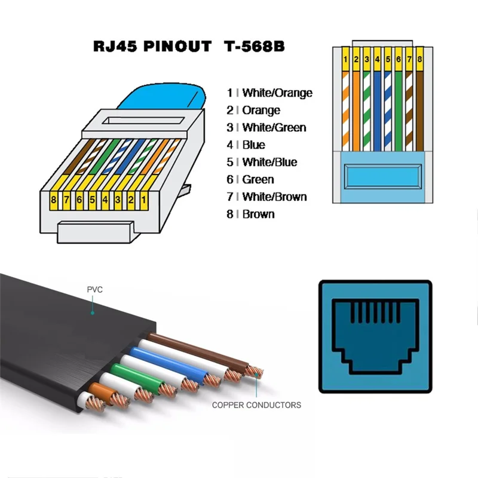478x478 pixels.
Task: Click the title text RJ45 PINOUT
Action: [153, 47]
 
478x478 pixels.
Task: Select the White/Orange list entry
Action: [277, 93]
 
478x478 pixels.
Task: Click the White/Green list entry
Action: [274, 127]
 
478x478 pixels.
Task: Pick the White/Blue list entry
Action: [269, 162]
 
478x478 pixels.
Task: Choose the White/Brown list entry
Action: [274, 197]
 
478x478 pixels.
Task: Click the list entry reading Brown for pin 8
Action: [258, 214]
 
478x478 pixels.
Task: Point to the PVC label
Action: [95, 290]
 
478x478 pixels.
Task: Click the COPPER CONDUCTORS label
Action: [256, 405]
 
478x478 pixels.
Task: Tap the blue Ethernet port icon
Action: [375, 336]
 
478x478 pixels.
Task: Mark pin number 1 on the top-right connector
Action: [345, 59]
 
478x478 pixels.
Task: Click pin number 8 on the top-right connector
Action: [420, 59]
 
